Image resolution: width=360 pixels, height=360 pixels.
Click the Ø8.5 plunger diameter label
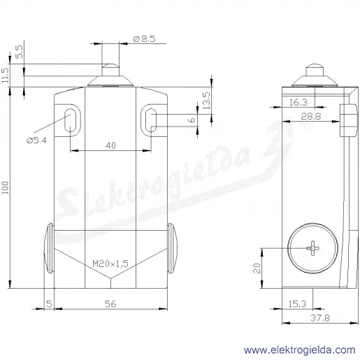click(x=145, y=38)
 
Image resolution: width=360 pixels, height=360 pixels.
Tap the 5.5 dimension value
click(x=20, y=52)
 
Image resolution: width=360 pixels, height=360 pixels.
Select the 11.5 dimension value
click(x=5, y=75)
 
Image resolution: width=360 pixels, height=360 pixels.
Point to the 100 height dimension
click(x=5, y=187)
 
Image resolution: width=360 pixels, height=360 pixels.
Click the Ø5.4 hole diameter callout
click(x=36, y=141)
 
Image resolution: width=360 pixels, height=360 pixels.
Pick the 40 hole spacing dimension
click(x=110, y=145)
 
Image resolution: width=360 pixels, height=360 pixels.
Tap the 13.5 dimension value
click(x=206, y=101)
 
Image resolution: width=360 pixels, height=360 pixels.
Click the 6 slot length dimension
click(x=192, y=120)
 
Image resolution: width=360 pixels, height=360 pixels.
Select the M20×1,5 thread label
click(x=110, y=264)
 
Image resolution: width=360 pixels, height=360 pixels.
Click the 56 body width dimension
click(x=110, y=304)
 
